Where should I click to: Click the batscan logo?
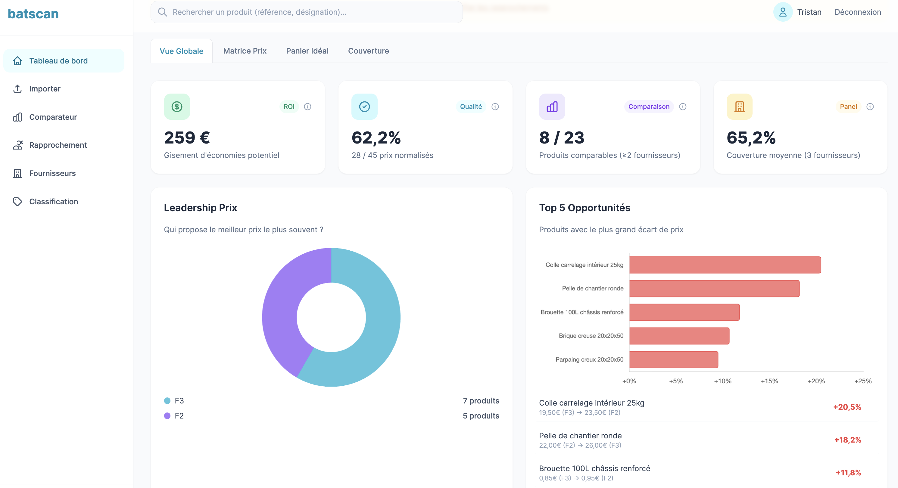(x=33, y=14)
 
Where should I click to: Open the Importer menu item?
(x=45, y=89)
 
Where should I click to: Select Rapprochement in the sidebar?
(x=58, y=145)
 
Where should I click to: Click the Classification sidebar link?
(x=53, y=201)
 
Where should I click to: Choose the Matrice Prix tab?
(x=245, y=51)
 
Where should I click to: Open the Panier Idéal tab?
(x=307, y=51)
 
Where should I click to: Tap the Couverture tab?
(x=369, y=51)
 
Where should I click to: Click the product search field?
(x=307, y=12)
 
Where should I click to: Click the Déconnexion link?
(x=858, y=12)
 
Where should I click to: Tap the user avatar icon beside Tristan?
(x=783, y=12)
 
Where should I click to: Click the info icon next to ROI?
(x=307, y=107)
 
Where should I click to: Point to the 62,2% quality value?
(x=376, y=137)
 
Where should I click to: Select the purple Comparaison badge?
(x=649, y=107)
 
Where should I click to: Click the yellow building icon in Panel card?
(x=739, y=107)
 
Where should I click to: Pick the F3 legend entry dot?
(x=167, y=400)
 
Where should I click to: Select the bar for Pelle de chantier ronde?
(x=714, y=289)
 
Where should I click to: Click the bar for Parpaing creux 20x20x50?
(x=673, y=360)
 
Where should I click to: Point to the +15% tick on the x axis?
(x=769, y=381)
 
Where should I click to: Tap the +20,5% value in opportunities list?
(x=847, y=407)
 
